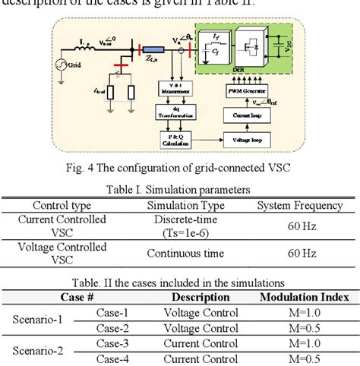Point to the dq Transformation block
(x=175, y=115)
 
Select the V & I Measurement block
(x=175, y=91)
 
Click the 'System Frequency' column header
(x=300, y=206)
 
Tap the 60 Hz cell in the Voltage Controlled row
(x=300, y=253)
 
